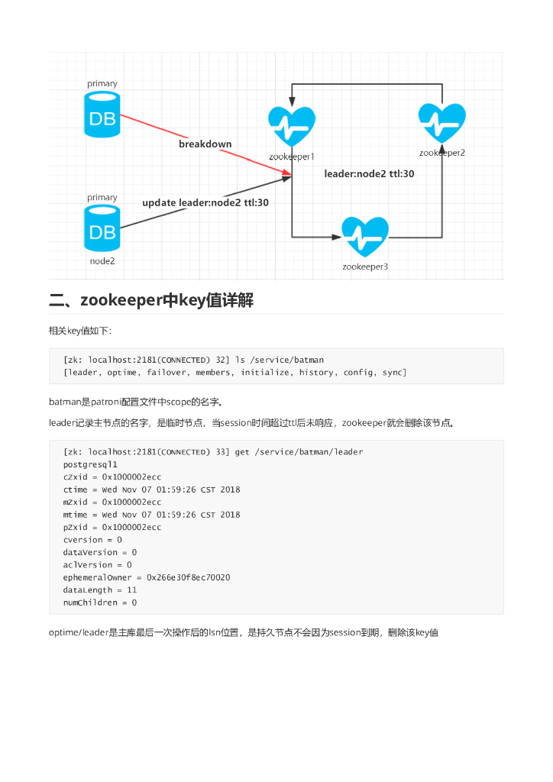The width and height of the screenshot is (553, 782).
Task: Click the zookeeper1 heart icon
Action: point(292,126)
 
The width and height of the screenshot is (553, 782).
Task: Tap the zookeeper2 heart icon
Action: point(442,122)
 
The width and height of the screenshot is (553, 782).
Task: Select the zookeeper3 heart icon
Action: point(365,238)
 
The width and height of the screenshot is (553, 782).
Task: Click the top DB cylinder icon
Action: point(102,115)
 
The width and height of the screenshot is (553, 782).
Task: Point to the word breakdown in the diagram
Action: point(205,144)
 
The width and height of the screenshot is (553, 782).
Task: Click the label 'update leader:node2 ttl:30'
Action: point(205,202)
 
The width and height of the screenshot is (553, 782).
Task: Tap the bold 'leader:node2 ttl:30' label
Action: point(369,173)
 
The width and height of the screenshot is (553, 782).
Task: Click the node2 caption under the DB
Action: point(102,261)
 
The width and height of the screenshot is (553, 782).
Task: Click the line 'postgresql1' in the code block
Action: point(90,464)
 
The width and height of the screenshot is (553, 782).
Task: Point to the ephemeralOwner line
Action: point(147,577)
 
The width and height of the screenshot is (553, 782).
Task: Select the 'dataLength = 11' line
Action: point(100,590)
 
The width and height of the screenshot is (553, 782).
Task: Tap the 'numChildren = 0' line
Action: point(100,603)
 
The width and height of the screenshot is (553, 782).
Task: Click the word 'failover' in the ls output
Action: point(167,373)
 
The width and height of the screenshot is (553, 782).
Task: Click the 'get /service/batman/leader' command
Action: point(299,452)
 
